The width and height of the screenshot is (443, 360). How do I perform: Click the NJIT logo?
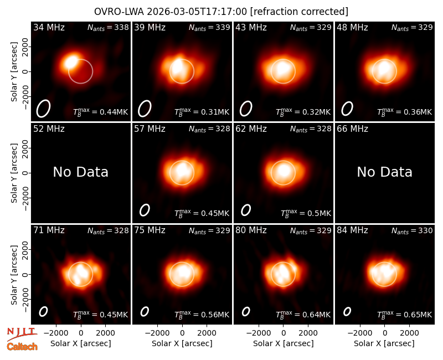pos(22,333)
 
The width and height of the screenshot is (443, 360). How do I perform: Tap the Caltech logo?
pos(22,347)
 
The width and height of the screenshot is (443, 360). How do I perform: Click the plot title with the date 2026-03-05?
pos(221,12)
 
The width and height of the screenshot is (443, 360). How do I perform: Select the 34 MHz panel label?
pos(49,27)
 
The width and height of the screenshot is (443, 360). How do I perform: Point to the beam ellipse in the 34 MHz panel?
pos(43,108)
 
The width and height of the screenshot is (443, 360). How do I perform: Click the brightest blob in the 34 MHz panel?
pos(71,61)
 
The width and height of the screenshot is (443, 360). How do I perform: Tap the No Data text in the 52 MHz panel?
pos(81,172)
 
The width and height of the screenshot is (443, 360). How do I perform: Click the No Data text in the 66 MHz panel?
pos(384,172)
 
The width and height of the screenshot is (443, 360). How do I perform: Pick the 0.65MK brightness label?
pos(418,315)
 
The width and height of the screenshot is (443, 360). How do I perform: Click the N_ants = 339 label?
pos(209,27)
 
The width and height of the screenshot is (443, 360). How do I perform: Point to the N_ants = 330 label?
pos(412,231)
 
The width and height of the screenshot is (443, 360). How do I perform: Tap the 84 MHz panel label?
pos(352,230)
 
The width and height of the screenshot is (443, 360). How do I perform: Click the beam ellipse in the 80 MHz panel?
pos(246,311)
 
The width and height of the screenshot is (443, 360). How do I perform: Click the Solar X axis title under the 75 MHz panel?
pos(182,343)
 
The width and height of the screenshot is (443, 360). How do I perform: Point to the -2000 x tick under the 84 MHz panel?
pos(359,333)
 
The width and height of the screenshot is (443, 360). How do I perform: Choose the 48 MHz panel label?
pos(352,27)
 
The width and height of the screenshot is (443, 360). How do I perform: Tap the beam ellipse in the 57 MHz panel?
pos(145,210)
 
